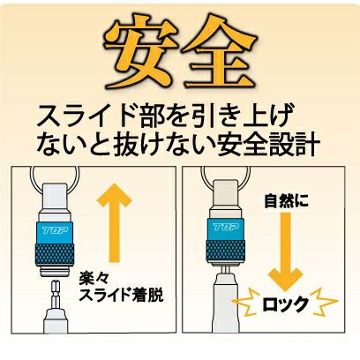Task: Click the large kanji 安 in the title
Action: (140, 51)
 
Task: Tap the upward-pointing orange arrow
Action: (114, 222)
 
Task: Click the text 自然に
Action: (286, 201)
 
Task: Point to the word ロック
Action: (285, 304)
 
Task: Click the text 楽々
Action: (90, 278)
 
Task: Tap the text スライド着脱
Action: (121, 295)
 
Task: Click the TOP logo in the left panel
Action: (56, 230)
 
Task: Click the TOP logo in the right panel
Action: (226, 227)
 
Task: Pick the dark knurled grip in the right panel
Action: (226, 251)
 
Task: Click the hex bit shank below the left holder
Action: (56, 295)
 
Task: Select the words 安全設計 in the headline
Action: (267, 145)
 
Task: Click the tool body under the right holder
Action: (226, 303)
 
